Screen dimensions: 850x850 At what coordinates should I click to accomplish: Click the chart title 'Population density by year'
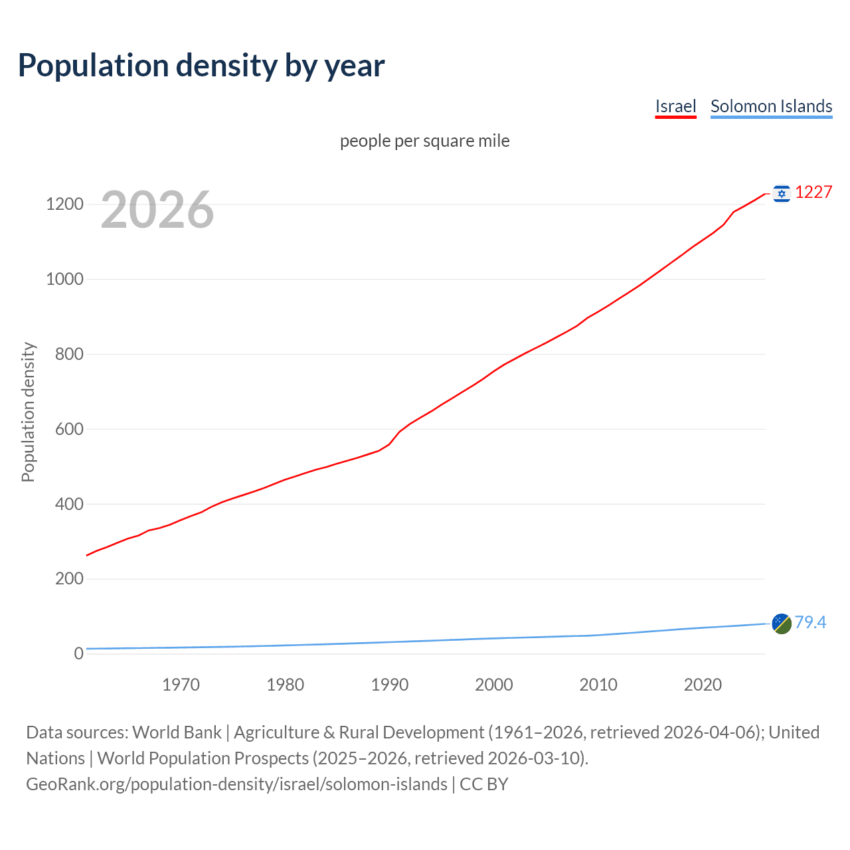click(x=201, y=65)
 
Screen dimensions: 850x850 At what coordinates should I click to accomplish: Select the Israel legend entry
click(x=675, y=106)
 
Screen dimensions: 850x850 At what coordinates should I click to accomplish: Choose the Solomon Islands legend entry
click(x=771, y=106)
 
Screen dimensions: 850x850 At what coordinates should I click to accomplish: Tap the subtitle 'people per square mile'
click(x=425, y=141)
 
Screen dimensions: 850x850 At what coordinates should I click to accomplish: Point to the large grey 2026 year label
click(x=157, y=210)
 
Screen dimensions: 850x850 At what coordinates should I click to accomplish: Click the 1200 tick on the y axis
click(x=64, y=204)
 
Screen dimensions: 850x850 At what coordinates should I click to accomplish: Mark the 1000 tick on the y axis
click(x=64, y=279)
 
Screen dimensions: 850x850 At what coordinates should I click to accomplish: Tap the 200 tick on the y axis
click(x=69, y=578)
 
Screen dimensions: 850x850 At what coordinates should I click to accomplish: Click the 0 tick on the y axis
click(x=79, y=653)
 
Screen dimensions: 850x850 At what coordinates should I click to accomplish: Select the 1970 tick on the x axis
click(x=181, y=685)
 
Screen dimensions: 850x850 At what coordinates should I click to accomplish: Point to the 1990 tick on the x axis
click(x=390, y=685)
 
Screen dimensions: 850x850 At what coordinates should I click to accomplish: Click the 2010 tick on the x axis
click(x=598, y=685)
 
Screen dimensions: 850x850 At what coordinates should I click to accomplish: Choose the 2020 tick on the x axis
click(x=703, y=685)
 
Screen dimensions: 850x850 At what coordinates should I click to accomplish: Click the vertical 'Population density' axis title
click(x=28, y=412)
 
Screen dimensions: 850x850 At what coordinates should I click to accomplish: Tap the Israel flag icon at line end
click(x=782, y=193)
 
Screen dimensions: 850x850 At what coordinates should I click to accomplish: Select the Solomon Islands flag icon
click(x=782, y=624)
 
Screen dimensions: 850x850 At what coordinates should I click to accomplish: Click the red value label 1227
click(x=813, y=193)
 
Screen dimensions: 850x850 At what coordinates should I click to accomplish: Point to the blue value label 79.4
click(x=810, y=622)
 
